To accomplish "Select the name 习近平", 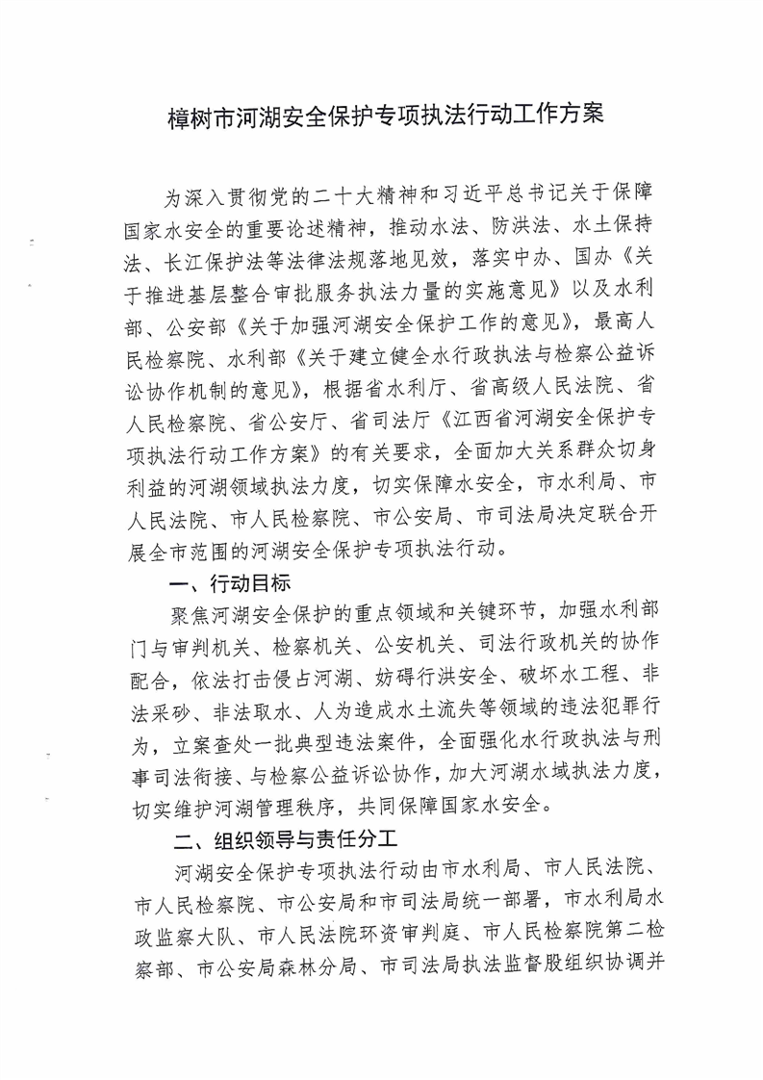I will (x=495, y=199).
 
